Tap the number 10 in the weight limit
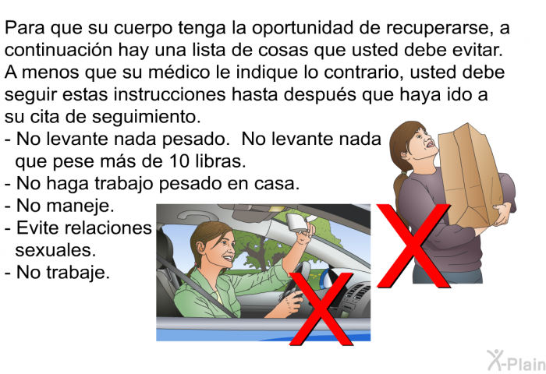(x=179, y=161)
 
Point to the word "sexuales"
(x=55, y=250)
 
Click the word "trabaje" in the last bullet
(x=78, y=273)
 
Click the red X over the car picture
(x=321, y=309)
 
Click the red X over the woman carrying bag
(x=413, y=245)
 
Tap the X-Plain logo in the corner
(x=516, y=361)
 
